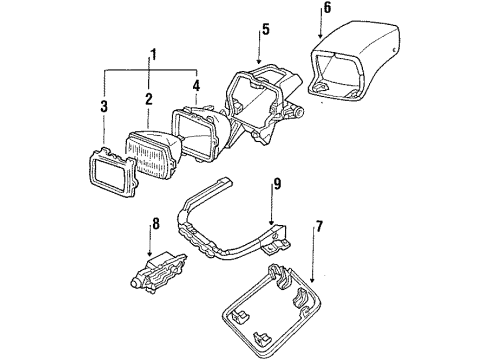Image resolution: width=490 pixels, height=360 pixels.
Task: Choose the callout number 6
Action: (326, 9)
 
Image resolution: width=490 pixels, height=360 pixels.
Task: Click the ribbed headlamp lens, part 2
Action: (150, 155)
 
